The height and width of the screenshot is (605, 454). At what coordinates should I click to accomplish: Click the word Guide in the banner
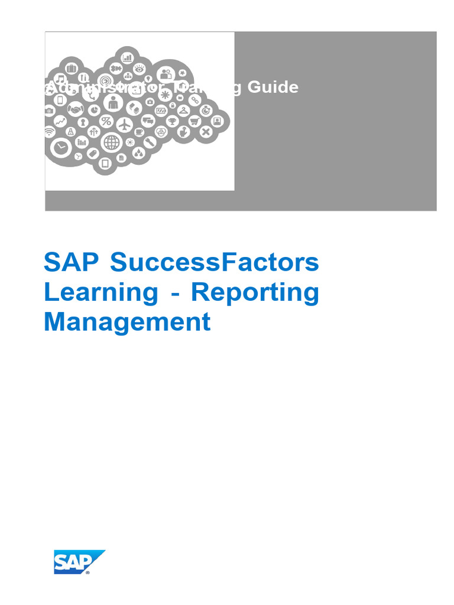(x=273, y=87)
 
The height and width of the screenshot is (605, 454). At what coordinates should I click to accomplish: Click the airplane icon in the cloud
(x=124, y=125)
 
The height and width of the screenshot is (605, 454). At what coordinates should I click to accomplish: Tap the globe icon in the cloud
(x=111, y=142)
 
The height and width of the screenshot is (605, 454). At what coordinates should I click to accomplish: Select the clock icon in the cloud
(x=60, y=147)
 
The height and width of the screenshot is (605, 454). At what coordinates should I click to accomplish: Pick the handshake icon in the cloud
(x=75, y=109)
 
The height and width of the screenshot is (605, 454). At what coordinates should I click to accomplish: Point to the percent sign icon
(x=106, y=122)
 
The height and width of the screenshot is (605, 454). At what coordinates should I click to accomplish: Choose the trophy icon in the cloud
(x=173, y=121)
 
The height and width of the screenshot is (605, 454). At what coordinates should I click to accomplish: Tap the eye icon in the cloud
(x=140, y=68)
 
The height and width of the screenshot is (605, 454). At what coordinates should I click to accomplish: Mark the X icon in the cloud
(x=205, y=132)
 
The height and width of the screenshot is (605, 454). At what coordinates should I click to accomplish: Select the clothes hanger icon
(x=183, y=110)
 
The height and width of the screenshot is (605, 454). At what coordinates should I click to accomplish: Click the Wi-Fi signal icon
(x=50, y=132)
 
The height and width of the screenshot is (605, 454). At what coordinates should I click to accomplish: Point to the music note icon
(x=60, y=79)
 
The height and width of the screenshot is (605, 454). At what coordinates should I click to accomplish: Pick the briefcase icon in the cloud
(x=72, y=67)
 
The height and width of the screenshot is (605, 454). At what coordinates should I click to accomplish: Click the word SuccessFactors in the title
(x=215, y=262)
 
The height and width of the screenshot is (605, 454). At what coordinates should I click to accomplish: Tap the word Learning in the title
(x=101, y=292)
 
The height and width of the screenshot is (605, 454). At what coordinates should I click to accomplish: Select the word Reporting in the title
(x=255, y=292)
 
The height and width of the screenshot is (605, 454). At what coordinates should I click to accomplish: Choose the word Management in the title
(x=127, y=322)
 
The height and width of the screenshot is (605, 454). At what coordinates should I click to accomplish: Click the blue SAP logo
(x=79, y=562)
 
